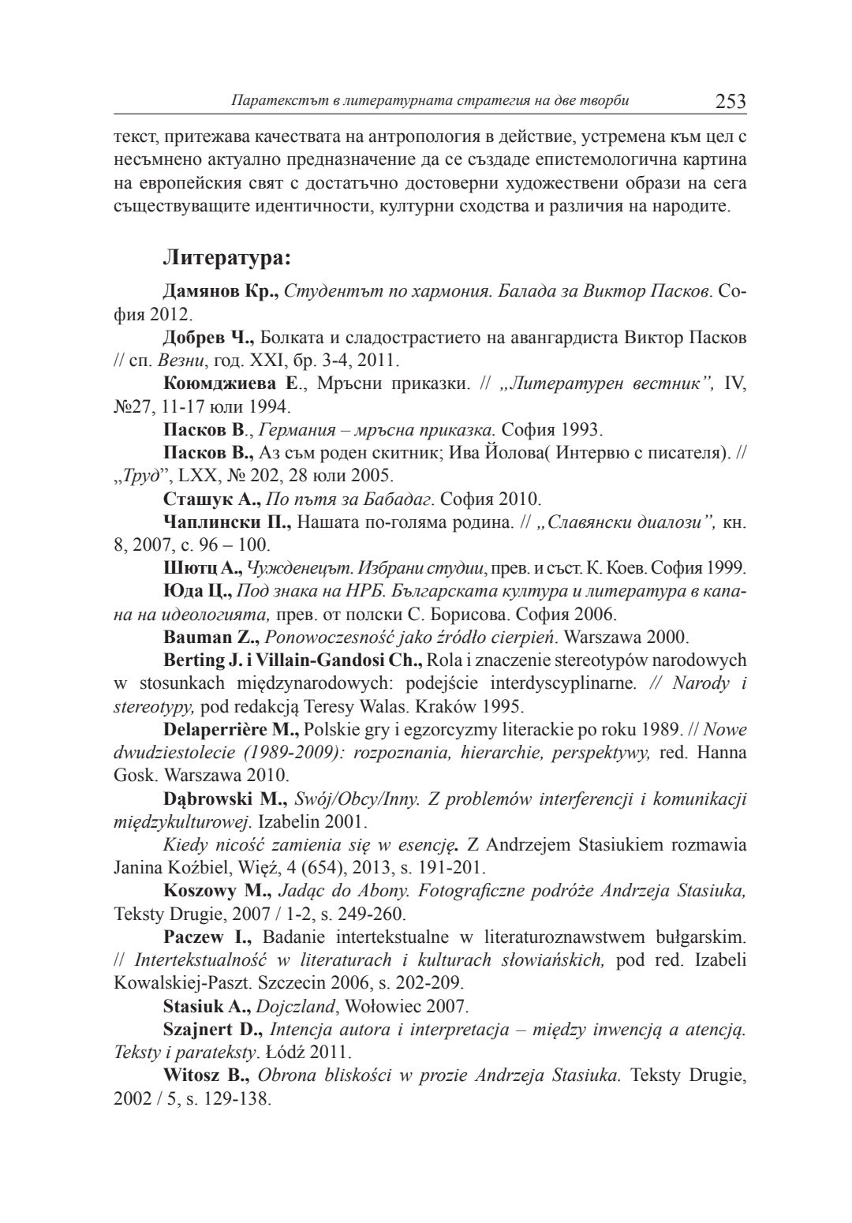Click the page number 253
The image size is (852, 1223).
pyautogui.click(x=730, y=101)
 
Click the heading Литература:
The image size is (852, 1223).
pyautogui.click(x=227, y=257)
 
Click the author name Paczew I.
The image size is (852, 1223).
pyautogui.click(x=207, y=937)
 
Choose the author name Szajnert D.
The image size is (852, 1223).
pyautogui.click(x=213, y=1029)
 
